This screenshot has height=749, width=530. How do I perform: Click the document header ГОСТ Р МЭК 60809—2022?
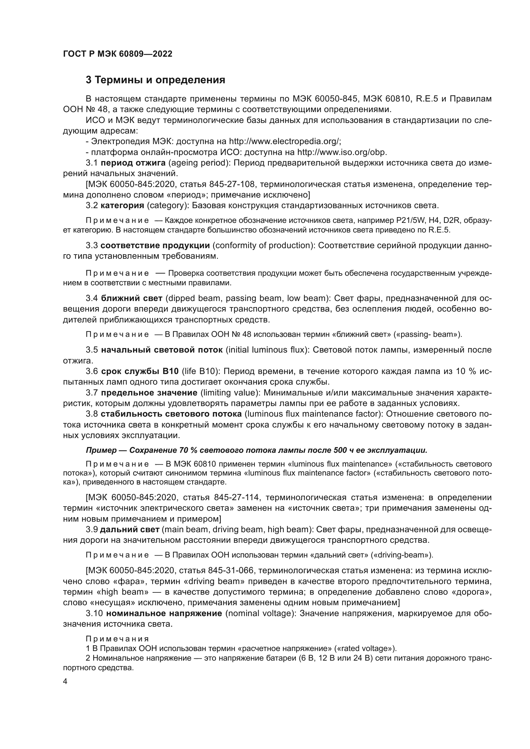click(118, 54)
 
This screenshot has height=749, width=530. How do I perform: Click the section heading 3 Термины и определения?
click(155, 80)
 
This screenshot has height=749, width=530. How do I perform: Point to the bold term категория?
click(122, 206)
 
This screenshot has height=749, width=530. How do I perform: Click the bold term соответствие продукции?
click(155, 245)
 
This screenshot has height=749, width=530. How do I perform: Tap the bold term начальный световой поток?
click(162, 350)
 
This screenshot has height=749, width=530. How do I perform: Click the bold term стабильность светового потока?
click(171, 414)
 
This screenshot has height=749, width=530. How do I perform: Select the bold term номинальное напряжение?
click(164, 614)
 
